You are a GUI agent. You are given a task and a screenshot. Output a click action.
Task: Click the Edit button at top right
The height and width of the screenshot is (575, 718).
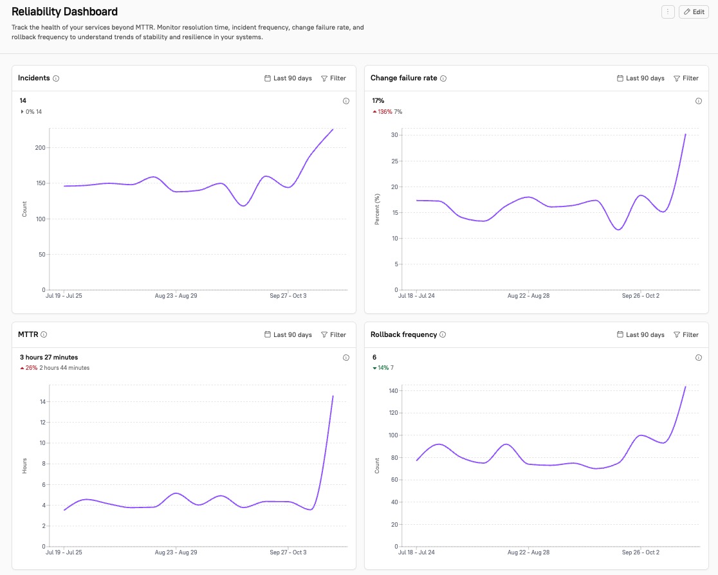coord(694,12)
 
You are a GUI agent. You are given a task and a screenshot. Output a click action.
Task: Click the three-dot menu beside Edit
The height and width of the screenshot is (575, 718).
coord(668,12)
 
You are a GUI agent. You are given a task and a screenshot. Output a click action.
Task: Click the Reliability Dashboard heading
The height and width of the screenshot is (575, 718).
coord(64,12)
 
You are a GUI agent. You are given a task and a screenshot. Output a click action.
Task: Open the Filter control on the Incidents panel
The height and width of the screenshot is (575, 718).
coord(333,78)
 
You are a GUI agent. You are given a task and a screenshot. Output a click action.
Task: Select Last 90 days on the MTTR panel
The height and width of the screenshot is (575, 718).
coord(288,334)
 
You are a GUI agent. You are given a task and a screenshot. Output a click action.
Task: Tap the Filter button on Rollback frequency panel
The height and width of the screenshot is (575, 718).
coord(686,334)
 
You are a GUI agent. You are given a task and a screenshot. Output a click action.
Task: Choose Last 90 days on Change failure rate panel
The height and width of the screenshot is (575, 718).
coord(640,78)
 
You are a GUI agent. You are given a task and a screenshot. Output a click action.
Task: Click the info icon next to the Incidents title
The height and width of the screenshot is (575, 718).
coord(56,78)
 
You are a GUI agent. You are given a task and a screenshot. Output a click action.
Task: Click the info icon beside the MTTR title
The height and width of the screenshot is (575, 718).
coord(44,334)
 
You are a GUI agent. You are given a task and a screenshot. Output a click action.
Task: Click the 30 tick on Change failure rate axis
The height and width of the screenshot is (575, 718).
coord(395,135)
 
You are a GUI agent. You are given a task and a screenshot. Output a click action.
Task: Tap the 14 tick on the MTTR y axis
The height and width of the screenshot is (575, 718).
coord(42,402)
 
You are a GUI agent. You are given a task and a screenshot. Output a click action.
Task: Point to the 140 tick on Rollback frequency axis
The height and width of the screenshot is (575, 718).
coord(392,391)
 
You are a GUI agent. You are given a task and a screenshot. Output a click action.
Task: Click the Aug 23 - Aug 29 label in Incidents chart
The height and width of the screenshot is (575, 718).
coord(177,297)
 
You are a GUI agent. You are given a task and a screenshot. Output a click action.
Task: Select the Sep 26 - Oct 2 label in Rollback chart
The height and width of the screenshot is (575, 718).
coord(641,552)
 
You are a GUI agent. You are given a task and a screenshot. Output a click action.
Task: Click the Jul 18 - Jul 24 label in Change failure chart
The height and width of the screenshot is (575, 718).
coord(416,297)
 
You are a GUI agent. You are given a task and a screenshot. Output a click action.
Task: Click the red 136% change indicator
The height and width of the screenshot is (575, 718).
coord(385,112)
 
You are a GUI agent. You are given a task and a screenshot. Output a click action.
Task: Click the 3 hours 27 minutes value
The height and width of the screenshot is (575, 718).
coord(49,357)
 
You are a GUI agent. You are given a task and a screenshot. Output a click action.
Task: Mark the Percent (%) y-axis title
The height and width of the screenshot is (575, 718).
coord(378,209)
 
